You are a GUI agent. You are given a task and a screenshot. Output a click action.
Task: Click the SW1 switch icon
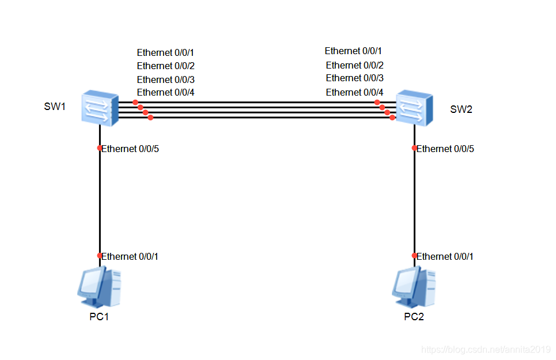click(100, 108)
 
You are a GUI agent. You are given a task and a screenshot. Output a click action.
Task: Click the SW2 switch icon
click(414, 108)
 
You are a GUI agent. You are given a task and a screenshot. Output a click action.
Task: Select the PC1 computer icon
click(99, 287)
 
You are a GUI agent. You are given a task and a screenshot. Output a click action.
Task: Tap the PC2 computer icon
click(414, 287)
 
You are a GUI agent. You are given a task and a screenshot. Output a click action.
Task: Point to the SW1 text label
click(55, 107)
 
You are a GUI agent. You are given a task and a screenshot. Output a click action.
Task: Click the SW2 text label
click(461, 109)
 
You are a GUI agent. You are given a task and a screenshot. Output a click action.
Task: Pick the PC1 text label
click(99, 316)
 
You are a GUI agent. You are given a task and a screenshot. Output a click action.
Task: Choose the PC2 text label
click(414, 316)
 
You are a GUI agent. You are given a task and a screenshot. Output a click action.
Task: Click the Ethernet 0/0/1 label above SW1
click(165, 52)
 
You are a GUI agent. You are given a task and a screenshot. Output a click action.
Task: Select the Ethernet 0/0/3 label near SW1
click(165, 79)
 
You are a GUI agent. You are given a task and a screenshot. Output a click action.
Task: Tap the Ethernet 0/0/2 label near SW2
click(354, 65)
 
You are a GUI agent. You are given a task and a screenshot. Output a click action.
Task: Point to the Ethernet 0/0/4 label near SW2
click(354, 92)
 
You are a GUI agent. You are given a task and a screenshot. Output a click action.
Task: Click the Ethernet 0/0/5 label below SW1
click(130, 149)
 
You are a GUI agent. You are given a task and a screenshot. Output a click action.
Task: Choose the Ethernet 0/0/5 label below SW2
click(445, 149)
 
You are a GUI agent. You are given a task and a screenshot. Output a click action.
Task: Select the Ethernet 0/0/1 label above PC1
click(130, 256)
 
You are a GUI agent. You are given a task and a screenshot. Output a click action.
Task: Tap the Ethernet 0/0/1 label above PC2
click(445, 256)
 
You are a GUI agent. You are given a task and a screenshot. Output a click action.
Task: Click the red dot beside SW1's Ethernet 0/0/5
click(100, 148)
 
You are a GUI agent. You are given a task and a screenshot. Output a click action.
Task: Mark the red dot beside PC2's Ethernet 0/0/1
click(414, 256)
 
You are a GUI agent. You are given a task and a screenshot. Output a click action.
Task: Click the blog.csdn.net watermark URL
click(486, 350)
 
